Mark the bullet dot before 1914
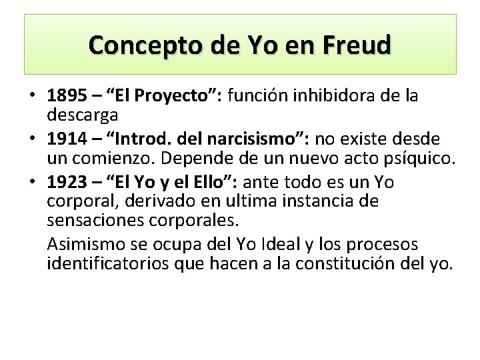click(32, 139)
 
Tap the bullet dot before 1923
click(32, 183)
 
